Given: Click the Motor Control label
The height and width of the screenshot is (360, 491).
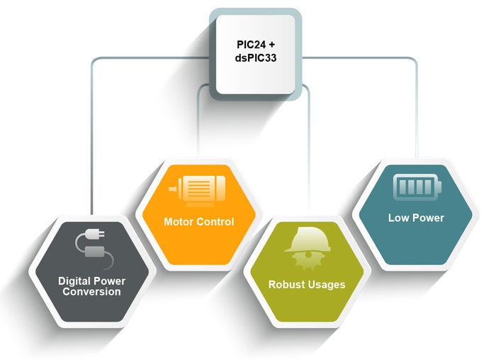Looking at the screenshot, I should (199, 222).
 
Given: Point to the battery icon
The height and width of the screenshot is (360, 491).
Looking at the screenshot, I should (417, 187).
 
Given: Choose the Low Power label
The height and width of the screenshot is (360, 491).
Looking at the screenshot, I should (416, 218).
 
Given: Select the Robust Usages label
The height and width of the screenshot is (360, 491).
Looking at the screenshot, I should (307, 284).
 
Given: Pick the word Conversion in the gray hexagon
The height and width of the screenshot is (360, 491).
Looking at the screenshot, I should (90, 291).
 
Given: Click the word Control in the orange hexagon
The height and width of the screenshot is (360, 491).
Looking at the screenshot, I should (217, 222).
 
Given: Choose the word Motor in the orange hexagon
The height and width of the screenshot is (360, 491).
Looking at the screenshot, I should (180, 222).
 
